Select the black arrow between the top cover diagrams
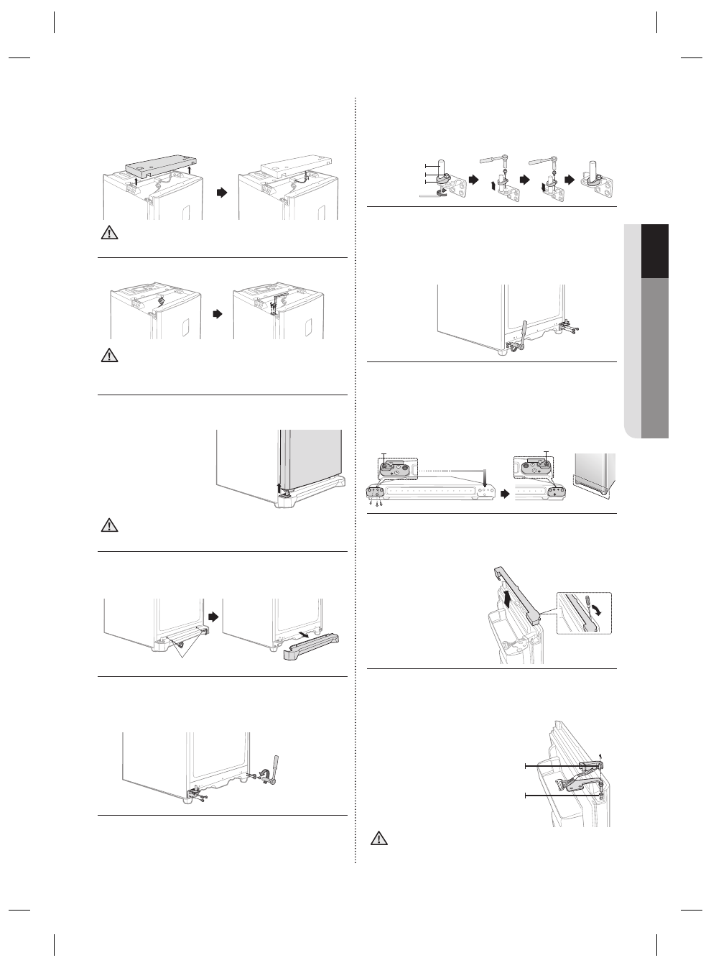coord(221,193)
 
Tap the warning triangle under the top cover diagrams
coord(108,234)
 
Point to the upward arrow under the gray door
coord(279,489)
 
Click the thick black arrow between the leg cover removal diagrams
coord(213,617)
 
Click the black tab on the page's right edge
coord(655,251)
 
